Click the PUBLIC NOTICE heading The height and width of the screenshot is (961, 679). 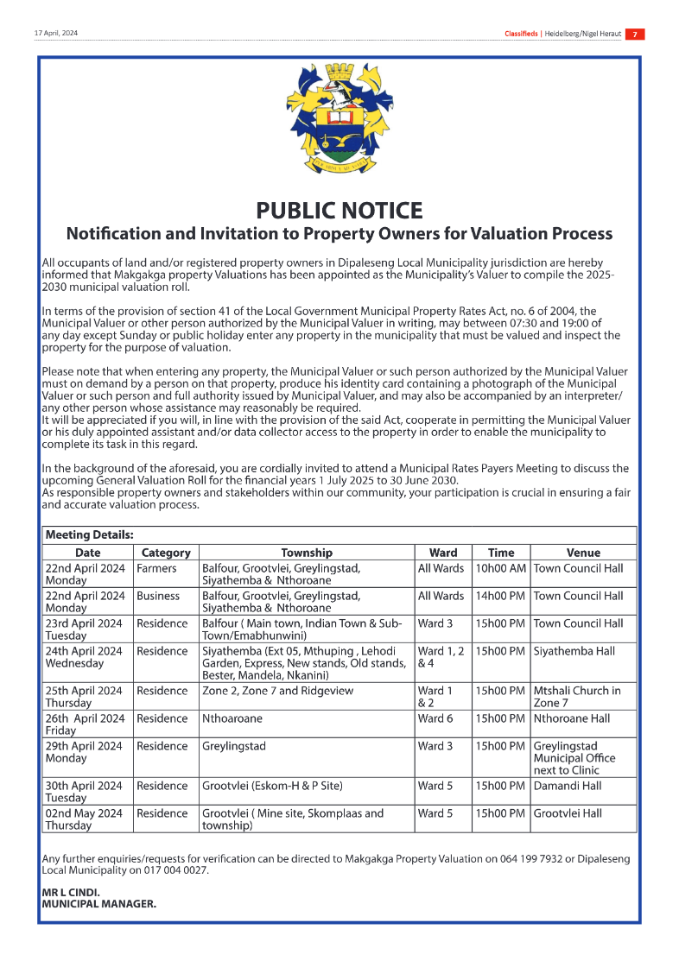point(339,211)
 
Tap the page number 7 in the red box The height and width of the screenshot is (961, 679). point(634,35)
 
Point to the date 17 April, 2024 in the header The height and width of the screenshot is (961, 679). point(55,34)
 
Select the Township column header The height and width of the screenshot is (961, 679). point(306,553)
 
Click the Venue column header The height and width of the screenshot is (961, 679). point(583,553)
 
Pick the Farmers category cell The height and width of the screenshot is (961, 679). point(156,569)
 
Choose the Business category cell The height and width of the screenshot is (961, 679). point(158,597)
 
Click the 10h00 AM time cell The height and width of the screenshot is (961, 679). point(500,569)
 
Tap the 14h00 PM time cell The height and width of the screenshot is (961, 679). point(500,597)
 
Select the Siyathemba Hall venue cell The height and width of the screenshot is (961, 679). point(572,651)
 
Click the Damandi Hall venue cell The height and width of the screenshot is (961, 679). point(568,787)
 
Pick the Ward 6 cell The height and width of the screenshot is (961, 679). point(435,719)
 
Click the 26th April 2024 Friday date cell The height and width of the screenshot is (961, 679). point(85,724)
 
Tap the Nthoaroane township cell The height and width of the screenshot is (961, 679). point(232,719)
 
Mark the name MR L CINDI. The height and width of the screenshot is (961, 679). point(71,893)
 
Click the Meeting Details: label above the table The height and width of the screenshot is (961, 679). point(89,535)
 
